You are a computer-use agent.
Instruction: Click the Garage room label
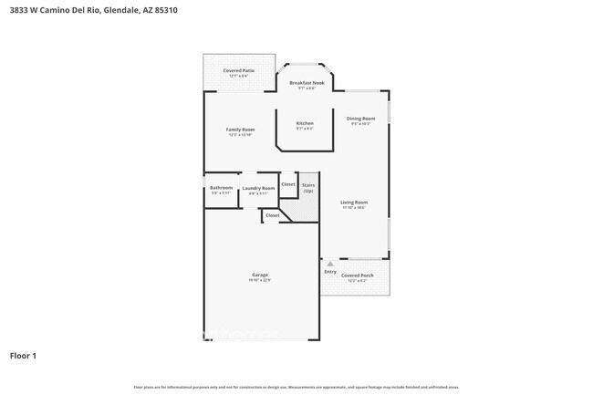point(260,275)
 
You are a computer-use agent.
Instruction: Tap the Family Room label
point(239,130)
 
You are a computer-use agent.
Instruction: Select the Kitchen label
point(305,123)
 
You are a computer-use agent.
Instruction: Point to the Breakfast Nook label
point(307,83)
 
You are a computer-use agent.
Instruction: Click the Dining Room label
point(360,119)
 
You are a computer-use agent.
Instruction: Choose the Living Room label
point(354,203)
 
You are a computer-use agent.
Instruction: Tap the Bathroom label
point(222,188)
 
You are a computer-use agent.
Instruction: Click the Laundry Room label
point(258,188)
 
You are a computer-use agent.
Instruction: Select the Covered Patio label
point(239,70)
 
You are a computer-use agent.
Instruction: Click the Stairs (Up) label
point(308,188)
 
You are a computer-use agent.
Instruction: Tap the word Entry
point(329,272)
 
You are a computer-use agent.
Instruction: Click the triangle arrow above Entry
point(330,264)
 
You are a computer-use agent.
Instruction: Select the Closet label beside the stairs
point(287,184)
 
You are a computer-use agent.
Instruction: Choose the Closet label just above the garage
point(272,215)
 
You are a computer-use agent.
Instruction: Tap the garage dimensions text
point(260,280)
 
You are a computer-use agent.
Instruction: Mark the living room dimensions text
point(354,208)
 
